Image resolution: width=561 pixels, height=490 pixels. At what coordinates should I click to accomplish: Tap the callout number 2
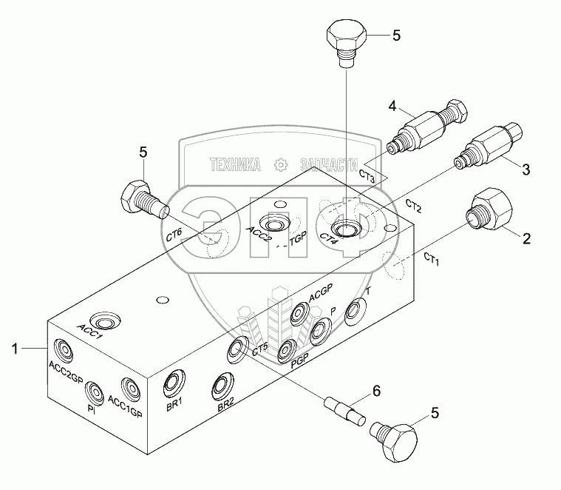(526, 238)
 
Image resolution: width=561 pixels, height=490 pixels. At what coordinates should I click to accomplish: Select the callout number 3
(526, 170)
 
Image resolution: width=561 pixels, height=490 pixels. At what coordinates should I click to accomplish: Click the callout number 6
(376, 389)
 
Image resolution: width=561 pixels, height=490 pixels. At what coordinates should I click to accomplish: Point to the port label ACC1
(90, 330)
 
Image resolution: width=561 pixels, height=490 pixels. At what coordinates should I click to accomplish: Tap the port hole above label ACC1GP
(130, 386)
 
